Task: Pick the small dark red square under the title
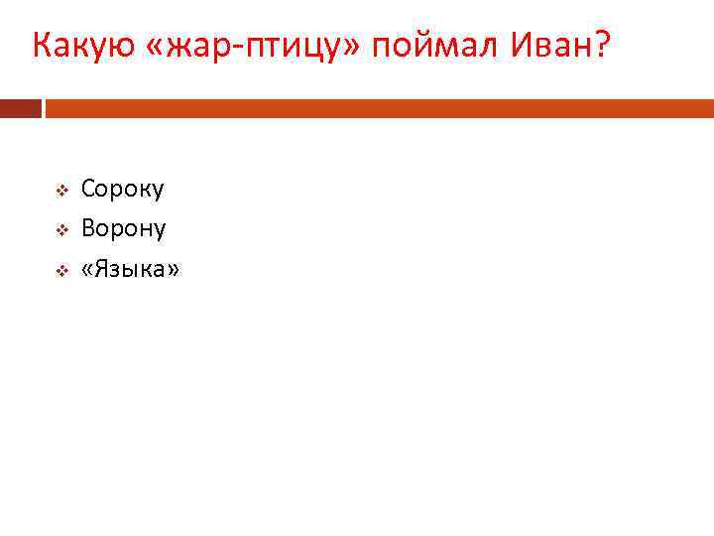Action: point(21,108)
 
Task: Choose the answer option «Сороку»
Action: point(123,189)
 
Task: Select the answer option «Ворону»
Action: point(124,229)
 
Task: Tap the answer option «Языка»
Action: point(131,270)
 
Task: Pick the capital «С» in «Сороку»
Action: point(89,189)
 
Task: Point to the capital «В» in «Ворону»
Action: point(89,229)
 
